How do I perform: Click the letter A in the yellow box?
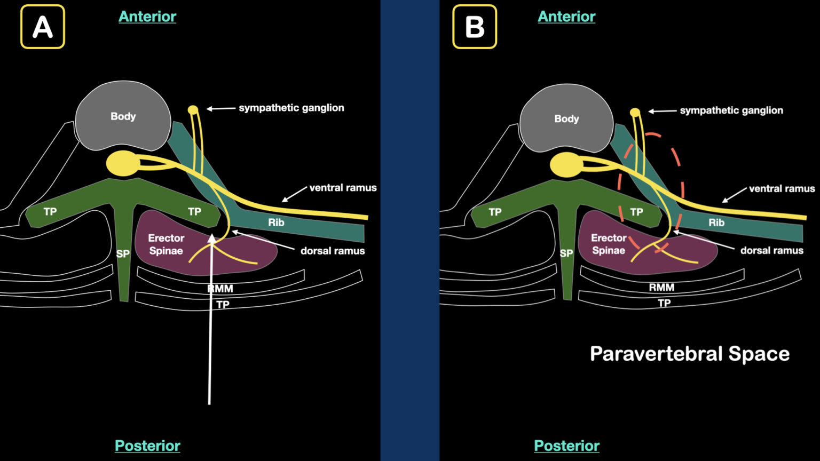43,27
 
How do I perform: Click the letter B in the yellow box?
475,27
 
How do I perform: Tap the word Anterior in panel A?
147,17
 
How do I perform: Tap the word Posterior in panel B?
566,446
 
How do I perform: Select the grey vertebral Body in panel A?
123,116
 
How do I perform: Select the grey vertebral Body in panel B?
566,118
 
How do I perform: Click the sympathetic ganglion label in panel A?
291,108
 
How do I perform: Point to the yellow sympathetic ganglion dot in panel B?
635,113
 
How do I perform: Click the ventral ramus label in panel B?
782,188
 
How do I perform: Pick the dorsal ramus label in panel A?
332,251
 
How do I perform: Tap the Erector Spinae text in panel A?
166,244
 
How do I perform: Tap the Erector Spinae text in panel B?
609,244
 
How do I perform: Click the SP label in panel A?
123,254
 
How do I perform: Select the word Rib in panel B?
716,222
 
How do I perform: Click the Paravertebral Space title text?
689,354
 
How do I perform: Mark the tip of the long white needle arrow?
212,235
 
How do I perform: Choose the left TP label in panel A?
50,212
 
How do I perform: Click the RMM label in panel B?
661,287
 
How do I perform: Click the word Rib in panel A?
276,222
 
